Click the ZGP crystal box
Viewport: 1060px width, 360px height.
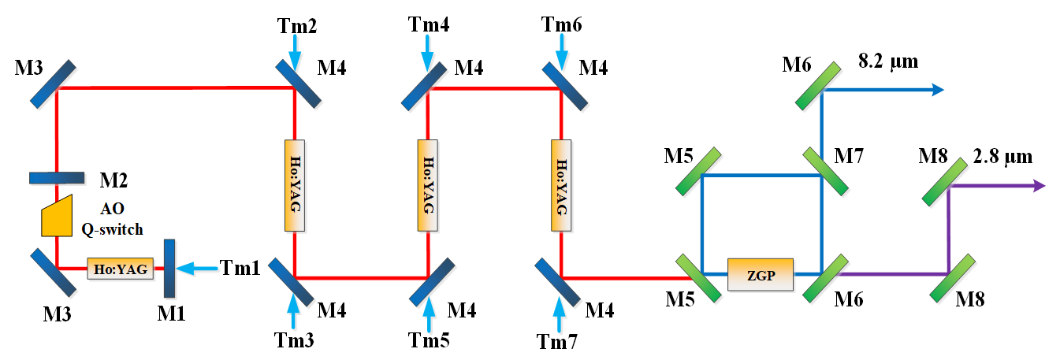(761, 274)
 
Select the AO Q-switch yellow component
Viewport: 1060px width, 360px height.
(58, 215)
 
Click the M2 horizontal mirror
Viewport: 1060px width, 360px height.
(56, 177)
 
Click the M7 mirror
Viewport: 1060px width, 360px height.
(824, 169)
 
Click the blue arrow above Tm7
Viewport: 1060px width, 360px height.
(560, 317)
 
